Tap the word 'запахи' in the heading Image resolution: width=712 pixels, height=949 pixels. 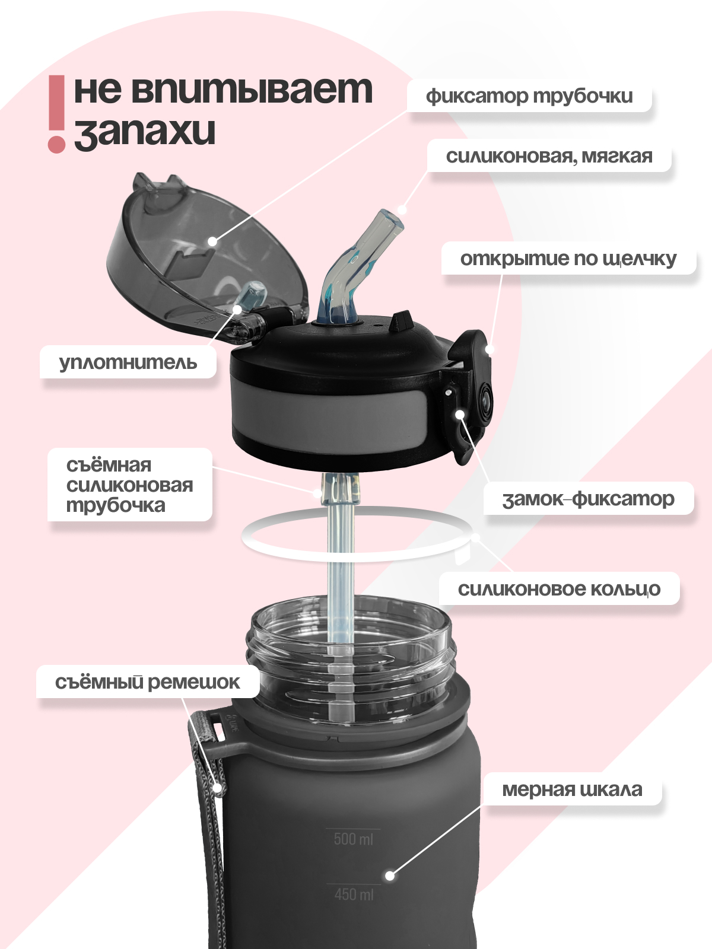point(145,132)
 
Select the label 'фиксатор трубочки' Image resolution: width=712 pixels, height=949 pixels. point(529,96)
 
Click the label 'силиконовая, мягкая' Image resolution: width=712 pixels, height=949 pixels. point(549,157)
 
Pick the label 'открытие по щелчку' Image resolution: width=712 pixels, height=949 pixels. point(568,259)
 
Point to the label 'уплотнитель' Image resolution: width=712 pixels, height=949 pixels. point(128,362)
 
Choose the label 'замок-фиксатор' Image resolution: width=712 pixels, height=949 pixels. point(588,499)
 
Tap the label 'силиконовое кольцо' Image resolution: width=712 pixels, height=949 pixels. point(559,589)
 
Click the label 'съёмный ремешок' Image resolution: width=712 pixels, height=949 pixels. point(147,682)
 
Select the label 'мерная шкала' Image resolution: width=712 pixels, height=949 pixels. point(572,789)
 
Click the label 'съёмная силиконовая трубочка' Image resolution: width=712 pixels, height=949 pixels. point(129,485)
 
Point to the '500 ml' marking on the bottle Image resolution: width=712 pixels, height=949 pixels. point(354,839)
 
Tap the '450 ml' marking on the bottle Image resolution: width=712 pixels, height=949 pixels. point(354,894)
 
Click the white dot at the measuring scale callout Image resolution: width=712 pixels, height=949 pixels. point(390,875)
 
